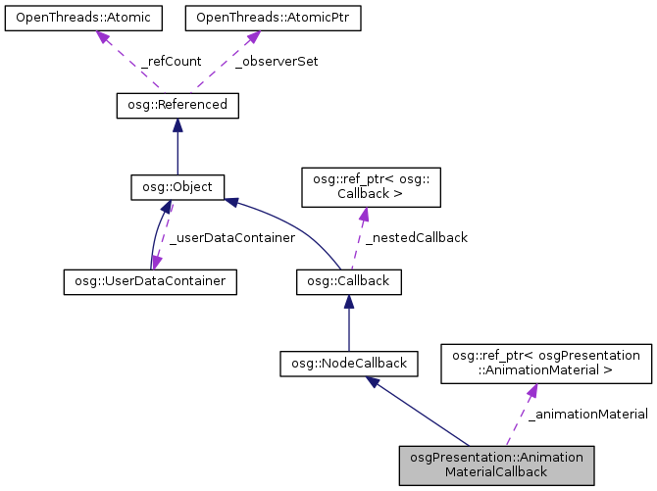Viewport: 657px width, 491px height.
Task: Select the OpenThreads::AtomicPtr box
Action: point(252,18)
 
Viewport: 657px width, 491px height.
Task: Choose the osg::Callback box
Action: point(348,281)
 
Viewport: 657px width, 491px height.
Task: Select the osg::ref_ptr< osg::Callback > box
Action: point(363,186)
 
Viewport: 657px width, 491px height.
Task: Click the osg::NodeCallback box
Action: point(348,364)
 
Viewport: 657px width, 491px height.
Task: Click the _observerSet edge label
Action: point(277,61)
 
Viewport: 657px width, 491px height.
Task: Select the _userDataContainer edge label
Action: point(231,237)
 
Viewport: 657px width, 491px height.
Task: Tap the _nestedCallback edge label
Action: point(416,237)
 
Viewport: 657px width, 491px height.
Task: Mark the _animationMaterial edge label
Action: point(587,416)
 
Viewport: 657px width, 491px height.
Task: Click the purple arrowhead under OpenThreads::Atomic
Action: point(101,37)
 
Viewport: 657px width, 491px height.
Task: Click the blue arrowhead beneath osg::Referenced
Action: point(177,124)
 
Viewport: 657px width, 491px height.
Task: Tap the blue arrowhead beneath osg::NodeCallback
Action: point(374,384)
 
